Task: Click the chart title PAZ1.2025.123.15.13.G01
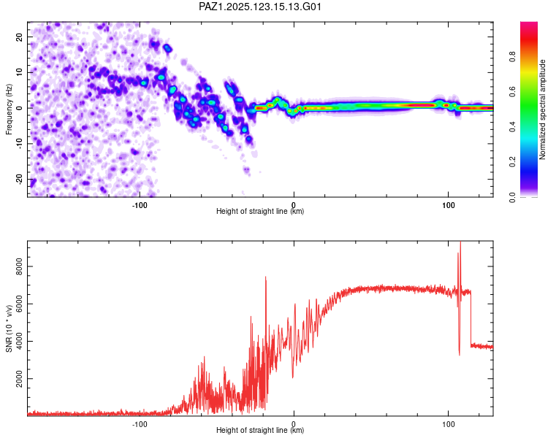(259, 7)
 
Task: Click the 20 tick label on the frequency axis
(19, 36)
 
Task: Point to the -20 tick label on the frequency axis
(19, 180)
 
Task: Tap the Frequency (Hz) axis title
(9, 109)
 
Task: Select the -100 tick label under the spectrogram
(140, 205)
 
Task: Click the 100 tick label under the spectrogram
(449, 205)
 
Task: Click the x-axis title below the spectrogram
(260, 211)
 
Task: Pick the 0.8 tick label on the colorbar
(512, 57)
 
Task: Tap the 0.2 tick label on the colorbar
(512, 162)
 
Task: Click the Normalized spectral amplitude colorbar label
(542, 109)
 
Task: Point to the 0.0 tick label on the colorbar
(512, 197)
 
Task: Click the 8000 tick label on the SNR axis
(19, 266)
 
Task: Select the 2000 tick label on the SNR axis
(19, 379)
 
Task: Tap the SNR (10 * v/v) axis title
(9, 328)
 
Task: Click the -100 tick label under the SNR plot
(140, 424)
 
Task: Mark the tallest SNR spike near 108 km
(460, 242)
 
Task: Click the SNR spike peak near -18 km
(266, 277)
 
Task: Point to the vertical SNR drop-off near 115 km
(471, 318)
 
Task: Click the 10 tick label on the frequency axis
(19, 72)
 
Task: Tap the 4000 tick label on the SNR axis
(19, 341)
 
